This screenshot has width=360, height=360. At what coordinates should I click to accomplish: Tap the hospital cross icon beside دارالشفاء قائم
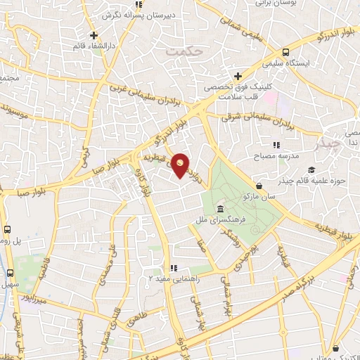94,35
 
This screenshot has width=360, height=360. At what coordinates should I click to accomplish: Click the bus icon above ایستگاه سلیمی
285,53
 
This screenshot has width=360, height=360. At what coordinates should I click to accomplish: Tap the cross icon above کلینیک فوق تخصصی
238,76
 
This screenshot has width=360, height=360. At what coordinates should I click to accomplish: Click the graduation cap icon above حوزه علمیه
311,169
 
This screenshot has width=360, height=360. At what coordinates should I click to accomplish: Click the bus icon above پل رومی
8,229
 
